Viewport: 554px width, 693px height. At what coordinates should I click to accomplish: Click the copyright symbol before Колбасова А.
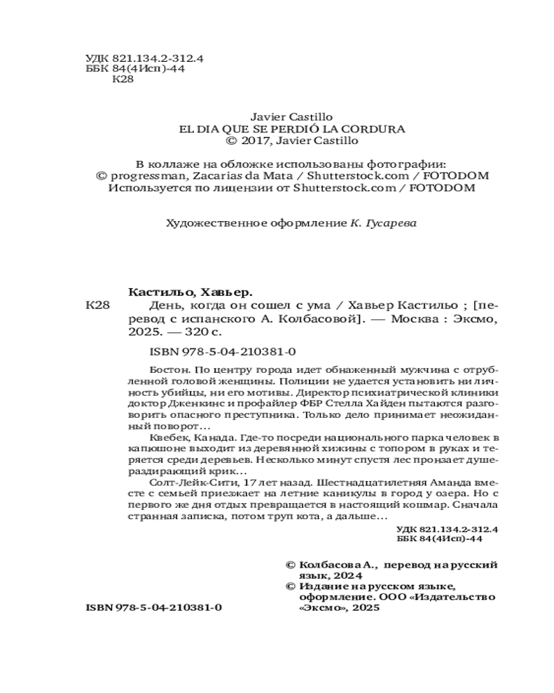pyautogui.click(x=290, y=565)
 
